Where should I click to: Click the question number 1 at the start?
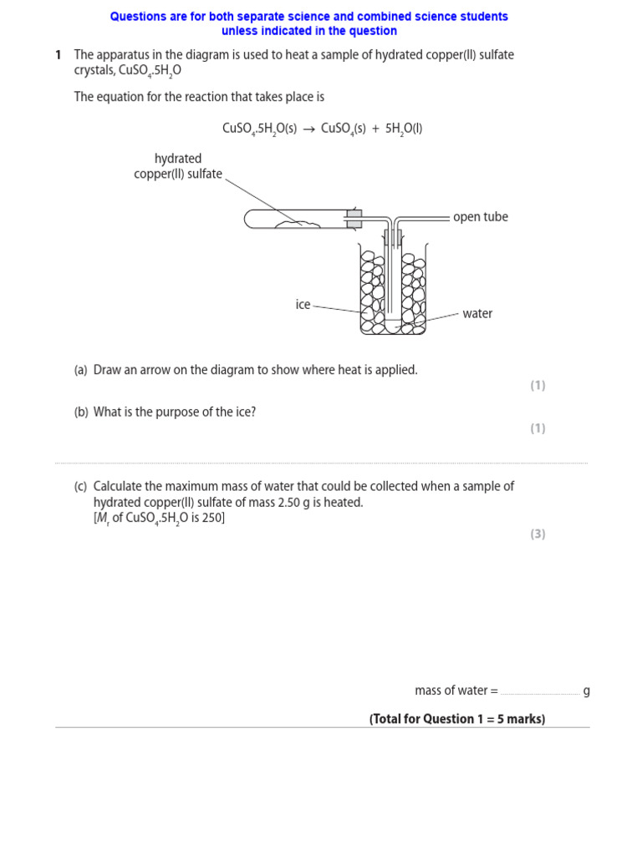59,55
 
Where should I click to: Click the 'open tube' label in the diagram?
480,217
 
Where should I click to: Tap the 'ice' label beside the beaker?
303,305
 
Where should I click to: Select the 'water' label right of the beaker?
477,314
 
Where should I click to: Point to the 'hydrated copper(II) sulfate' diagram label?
178,166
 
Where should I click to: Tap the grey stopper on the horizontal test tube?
354,219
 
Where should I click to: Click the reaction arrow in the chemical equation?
308,129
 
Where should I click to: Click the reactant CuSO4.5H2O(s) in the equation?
259,129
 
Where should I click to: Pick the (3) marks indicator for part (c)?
538,534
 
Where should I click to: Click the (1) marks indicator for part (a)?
538,385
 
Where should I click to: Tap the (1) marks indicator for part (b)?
538,428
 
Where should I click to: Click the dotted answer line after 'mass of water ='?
540,692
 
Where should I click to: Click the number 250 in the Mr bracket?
211,519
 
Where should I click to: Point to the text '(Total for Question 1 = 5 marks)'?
457,719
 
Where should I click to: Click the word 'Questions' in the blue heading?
137,17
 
